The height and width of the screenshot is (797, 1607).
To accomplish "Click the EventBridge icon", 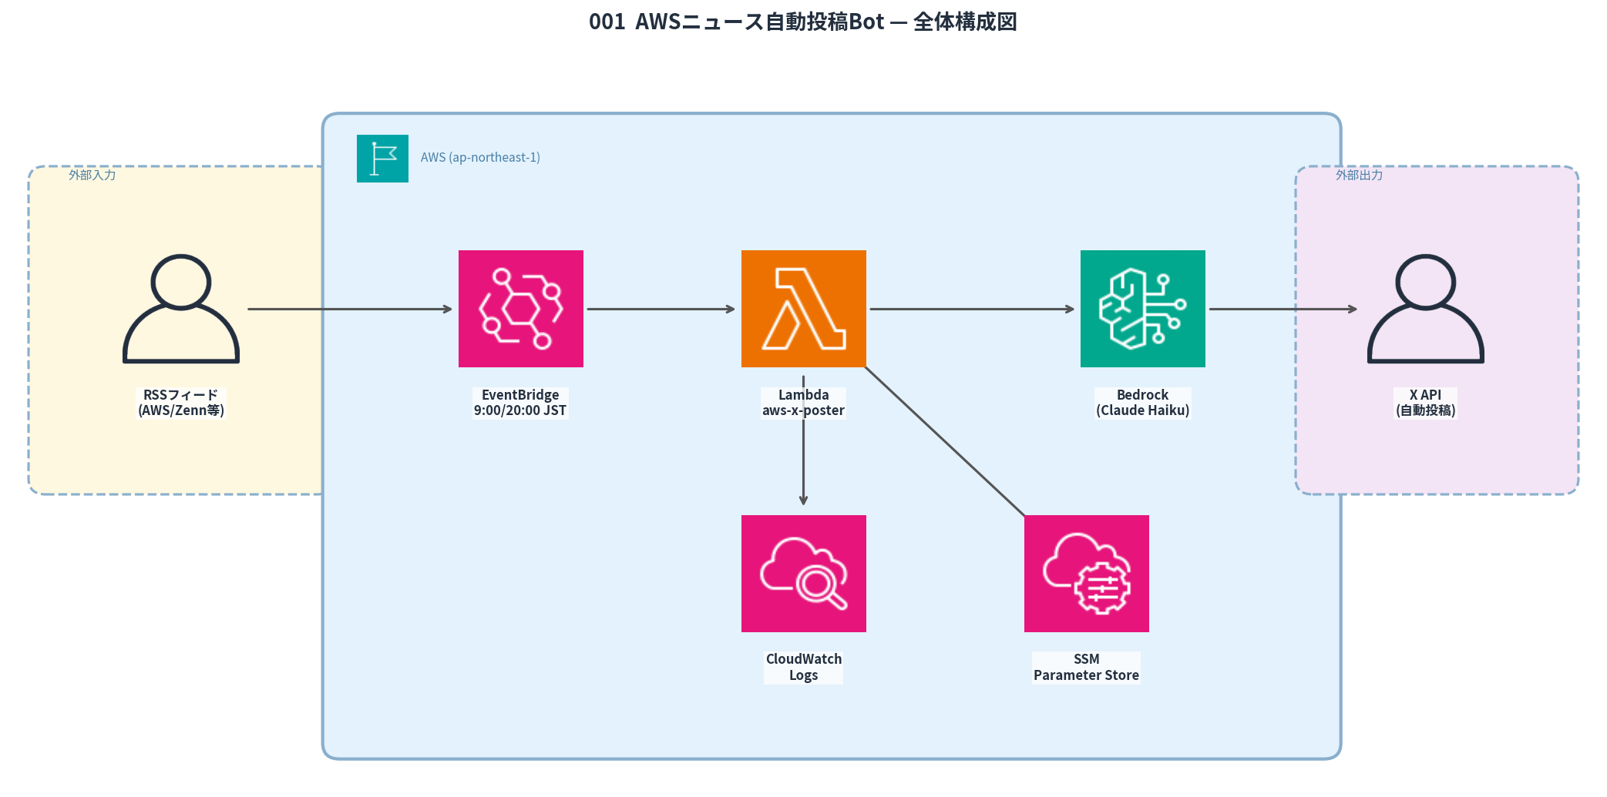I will (x=520, y=309).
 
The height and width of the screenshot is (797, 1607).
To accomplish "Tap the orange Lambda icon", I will (x=803, y=309).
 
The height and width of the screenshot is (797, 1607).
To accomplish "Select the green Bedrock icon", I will (x=1142, y=309).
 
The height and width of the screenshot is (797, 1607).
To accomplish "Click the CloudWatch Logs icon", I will (x=803, y=574).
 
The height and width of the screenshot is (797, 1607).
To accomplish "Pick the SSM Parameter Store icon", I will (x=1086, y=574).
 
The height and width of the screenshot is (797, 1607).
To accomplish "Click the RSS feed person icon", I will (x=181, y=309).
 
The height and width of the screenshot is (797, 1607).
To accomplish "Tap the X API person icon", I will (x=1425, y=309).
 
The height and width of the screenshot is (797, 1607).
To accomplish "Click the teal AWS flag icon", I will (x=382, y=159).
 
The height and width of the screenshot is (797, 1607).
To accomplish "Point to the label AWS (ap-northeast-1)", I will (x=480, y=158).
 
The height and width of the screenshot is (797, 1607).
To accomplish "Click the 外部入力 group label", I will (x=92, y=176).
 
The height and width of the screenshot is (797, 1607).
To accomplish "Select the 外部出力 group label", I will (x=1359, y=176).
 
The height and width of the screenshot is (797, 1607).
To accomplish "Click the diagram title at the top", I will (x=802, y=22).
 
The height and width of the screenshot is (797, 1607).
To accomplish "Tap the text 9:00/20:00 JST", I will (x=520, y=411).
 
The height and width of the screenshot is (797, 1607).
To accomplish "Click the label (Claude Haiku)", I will (x=1142, y=411).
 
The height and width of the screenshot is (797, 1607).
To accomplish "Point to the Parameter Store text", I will (x=1086, y=675).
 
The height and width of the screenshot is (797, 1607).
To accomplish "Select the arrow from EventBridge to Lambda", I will (x=661, y=310).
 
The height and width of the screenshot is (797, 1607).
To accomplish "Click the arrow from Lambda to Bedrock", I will (x=971, y=310).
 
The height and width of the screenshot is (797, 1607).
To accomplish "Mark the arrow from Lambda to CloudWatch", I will (x=803, y=462).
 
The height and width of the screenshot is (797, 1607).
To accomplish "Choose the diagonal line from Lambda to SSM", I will (x=946, y=442).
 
